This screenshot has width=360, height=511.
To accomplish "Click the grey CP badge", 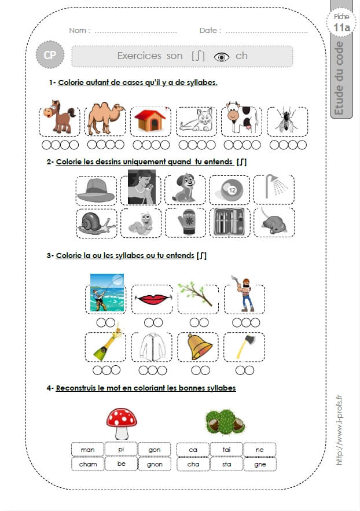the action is pos(50,55).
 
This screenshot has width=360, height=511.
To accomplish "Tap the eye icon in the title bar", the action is pos(222,57).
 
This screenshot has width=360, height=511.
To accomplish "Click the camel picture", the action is pos(106,117).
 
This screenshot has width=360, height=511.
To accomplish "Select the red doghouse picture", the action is pos(150,120).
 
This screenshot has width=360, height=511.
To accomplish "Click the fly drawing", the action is pos(287,119).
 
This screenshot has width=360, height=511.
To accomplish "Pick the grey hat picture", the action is pos(95,191).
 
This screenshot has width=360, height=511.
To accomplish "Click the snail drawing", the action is pos(95,223).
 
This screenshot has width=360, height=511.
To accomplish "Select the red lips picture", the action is pos(152,299).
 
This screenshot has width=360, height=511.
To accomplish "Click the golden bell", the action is pos(199,346).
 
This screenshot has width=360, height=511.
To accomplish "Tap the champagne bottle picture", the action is pos(107,344).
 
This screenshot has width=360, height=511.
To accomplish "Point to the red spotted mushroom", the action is pos(122,424).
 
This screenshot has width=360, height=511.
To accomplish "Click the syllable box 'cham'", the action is pos(88,464).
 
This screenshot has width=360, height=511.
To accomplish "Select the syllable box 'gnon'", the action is pos(155,464).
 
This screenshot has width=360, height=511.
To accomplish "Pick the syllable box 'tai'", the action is pos(226,450).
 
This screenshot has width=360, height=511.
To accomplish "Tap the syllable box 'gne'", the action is pos(260,464).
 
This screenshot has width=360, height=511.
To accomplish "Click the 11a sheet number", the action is pos(341,27).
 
